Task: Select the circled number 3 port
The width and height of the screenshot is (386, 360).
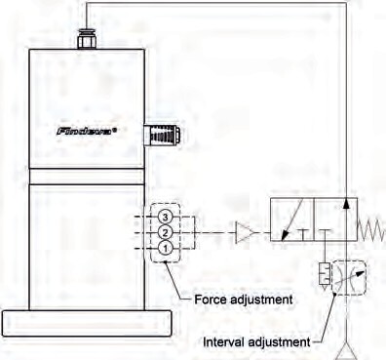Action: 166,216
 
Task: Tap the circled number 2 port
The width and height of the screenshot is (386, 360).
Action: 166,232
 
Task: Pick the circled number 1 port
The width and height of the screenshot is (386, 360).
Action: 166,249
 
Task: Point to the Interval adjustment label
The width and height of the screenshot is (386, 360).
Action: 257,342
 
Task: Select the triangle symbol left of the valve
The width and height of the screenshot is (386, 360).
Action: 243,232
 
